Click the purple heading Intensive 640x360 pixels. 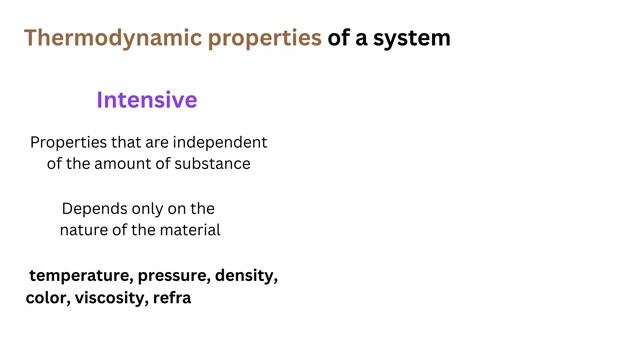click(x=147, y=101)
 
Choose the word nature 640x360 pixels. click(x=86, y=230)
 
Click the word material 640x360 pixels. click(x=188, y=230)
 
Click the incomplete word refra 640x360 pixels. click(x=172, y=298)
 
